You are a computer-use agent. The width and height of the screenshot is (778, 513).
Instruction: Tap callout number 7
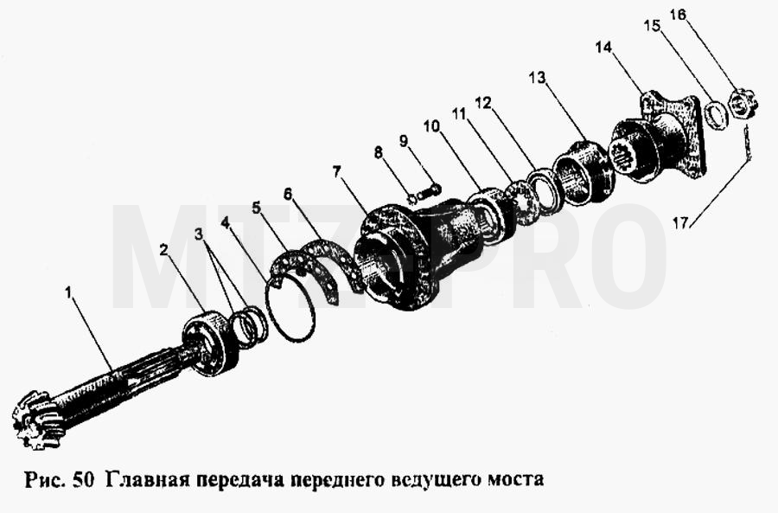(x=337, y=172)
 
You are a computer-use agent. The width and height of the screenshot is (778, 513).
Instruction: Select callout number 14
(x=604, y=48)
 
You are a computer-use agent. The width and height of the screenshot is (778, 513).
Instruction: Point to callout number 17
(x=681, y=223)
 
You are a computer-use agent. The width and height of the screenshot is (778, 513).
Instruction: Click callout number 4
(x=226, y=223)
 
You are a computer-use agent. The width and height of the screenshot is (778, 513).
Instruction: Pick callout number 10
(x=431, y=126)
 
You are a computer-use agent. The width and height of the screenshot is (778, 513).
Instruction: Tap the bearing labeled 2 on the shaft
(x=208, y=343)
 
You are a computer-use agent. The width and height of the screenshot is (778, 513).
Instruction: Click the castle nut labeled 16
(x=742, y=104)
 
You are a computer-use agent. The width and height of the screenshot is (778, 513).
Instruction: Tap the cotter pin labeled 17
(x=747, y=144)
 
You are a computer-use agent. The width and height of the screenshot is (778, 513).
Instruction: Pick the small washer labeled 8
(x=411, y=199)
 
